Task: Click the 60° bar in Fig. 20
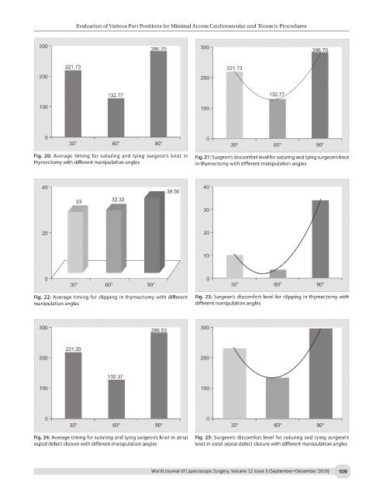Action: (x=116, y=117)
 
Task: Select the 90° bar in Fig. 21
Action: (x=320, y=96)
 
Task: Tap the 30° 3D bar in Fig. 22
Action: (x=78, y=239)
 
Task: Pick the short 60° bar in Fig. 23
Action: (x=278, y=274)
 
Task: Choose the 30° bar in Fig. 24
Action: (x=73, y=385)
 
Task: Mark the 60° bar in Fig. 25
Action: (x=278, y=398)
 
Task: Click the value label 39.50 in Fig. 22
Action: (x=173, y=192)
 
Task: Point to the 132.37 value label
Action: (x=116, y=377)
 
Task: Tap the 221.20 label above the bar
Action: (x=73, y=349)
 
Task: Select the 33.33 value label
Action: (x=118, y=200)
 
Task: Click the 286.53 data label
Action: (x=159, y=330)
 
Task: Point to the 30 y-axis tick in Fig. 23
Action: (x=206, y=210)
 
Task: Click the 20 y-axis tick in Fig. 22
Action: (x=45, y=233)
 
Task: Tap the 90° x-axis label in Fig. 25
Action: (x=320, y=425)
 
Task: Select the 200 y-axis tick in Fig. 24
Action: (x=43, y=358)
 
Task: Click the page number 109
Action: (x=343, y=471)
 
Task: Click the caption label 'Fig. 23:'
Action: (x=203, y=297)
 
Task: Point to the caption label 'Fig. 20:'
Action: (x=43, y=156)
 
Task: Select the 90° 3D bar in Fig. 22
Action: (x=154, y=232)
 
